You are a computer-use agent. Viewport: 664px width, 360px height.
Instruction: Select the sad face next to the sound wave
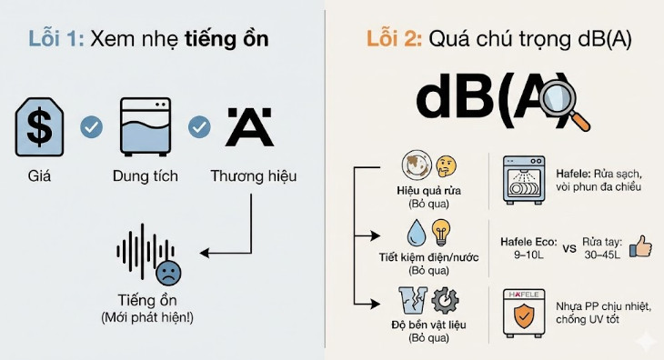coord(166,272)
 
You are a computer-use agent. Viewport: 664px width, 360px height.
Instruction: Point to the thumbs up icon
coord(641,246)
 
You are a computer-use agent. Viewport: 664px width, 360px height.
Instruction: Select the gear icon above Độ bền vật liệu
coord(444,300)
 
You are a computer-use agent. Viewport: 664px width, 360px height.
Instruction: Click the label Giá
coord(38,175)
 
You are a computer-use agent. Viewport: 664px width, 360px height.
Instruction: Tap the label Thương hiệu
coord(253,175)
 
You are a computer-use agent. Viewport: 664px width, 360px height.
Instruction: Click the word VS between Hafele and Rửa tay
coord(569,246)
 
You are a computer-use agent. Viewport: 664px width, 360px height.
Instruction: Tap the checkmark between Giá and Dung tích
coord(91,126)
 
